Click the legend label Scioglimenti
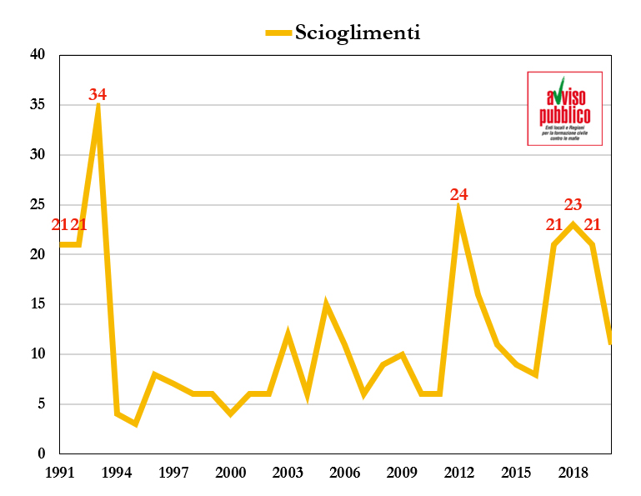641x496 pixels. pyautogui.click(x=358, y=33)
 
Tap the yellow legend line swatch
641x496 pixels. pyautogui.click(x=278, y=33)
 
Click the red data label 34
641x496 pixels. pyautogui.click(x=98, y=94)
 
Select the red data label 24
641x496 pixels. pyautogui.click(x=458, y=194)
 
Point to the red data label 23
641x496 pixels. pyautogui.click(x=573, y=204)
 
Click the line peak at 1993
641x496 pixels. pyautogui.click(x=98, y=107)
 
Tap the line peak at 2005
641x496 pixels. pyautogui.click(x=326, y=304)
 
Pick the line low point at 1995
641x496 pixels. pyautogui.click(x=136, y=423)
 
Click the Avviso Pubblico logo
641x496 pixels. pyautogui.click(x=564, y=108)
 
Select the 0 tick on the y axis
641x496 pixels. pyautogui.click(x=40, y=454)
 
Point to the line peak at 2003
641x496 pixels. pyautogui.click(x=288, y=334)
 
